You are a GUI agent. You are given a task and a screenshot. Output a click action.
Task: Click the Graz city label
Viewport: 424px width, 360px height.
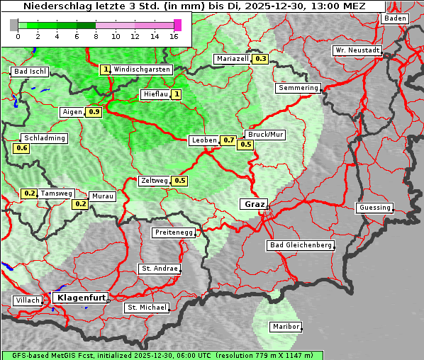[x=254, y=204]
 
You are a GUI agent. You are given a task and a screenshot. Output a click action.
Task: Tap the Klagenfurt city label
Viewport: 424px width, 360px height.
[x=80, y=298]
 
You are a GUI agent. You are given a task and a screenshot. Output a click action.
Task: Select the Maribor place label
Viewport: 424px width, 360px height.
[x=286, y=327]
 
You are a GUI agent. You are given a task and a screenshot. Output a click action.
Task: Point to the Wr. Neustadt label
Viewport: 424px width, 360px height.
[x=357, y=51]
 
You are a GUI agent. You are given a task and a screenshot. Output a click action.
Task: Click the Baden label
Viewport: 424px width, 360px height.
[x=396, y=18]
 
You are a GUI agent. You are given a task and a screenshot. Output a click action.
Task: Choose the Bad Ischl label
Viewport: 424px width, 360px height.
[x=30, y=72]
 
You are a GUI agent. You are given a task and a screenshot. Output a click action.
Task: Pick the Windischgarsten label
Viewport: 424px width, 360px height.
[x=142, y=69]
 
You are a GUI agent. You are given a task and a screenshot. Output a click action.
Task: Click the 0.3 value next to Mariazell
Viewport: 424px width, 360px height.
[x=260, y=59]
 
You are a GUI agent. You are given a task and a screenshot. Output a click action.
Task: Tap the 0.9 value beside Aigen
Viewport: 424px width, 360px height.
[x=94, y=112]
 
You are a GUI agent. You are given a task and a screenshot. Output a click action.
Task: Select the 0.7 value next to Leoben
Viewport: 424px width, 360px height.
[x=228, y=140]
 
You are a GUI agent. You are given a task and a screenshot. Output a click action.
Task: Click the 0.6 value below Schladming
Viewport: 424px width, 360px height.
[x=21, y=148]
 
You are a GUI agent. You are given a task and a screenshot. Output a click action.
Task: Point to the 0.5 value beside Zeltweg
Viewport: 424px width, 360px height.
[x=179, y=181]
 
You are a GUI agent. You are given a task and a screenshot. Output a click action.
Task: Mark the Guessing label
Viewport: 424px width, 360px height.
[x=374, y=208]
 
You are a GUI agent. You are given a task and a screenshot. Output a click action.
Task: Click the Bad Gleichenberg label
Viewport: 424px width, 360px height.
[x=301, y=245]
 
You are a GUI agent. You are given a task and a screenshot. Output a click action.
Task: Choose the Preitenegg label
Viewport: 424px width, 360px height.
[x=172, y=232]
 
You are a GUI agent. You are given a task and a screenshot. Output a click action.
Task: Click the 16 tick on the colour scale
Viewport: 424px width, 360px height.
[x=174, y=36]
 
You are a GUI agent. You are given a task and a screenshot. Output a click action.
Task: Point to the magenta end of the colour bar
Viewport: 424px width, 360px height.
[x=177, y=25]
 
